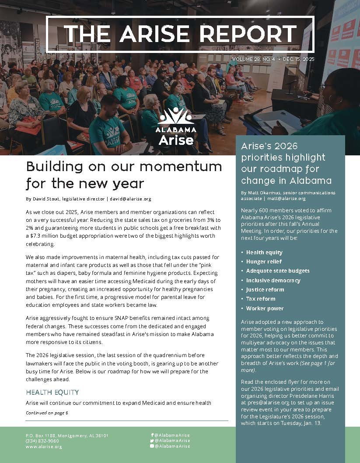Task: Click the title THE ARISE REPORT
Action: [180, 33]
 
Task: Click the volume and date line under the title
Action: [273, 59]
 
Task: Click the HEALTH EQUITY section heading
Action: [52, 392]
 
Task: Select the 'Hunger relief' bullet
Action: [262, 262]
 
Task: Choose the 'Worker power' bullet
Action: [265, 309]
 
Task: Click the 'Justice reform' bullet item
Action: [265, 290]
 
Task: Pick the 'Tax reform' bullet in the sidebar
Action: [261, 299]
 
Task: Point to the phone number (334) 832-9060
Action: [42, 441]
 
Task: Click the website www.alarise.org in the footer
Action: [44, 447]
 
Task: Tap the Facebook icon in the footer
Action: [152, 435]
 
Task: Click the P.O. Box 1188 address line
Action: [67, 435]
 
